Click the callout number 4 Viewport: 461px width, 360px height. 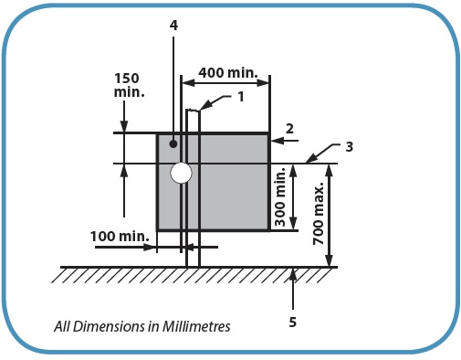point(173,26)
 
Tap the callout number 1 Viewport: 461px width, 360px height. point(241,97)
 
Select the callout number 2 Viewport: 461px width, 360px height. point(289,129)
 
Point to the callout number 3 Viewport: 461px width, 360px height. point(350,147)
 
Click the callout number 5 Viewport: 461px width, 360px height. point(293,322)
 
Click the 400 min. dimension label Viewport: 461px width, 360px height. point(228,73)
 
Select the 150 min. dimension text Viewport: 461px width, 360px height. point(129,86)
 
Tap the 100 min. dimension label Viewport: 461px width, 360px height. point(120,236)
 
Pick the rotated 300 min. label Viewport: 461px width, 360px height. point(280,196)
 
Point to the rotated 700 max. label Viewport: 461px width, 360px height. point(319,213)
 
